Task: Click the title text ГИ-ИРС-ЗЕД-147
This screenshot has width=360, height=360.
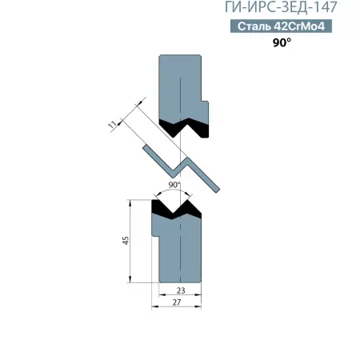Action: point(281,7)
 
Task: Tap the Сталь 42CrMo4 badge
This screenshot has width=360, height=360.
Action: point(281,26)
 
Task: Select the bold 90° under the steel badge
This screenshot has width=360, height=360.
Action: point(282,42)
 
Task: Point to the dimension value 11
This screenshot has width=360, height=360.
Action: point(113,124)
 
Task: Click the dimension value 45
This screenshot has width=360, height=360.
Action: point(126,240)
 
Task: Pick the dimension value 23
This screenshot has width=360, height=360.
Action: point(181,290)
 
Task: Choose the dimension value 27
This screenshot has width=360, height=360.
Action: point(177,302)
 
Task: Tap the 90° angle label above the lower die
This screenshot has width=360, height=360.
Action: point(174,185)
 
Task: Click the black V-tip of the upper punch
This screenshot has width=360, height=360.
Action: point(184,127)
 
